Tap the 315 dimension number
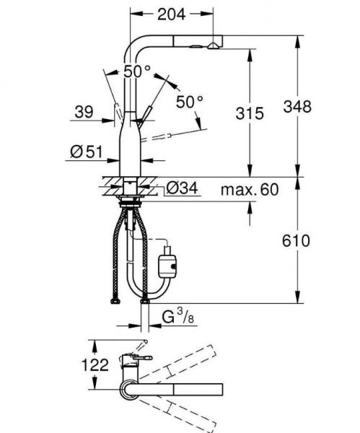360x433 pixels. tap(250, 113)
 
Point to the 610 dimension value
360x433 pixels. tap(297, 240)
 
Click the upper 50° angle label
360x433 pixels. tap(136, 71)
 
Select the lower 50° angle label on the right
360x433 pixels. tap(190, 102)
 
